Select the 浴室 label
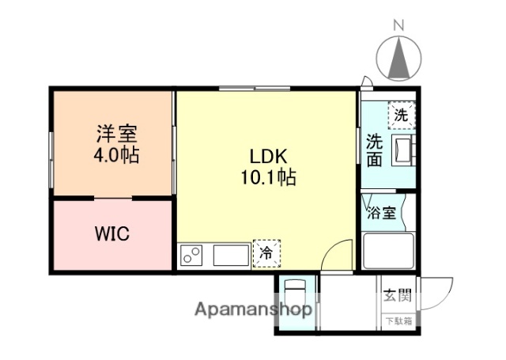tap(381, 213)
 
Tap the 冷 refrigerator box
tap(266, 254)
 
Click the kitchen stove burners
tap(191, 256)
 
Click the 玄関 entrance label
tap(397, 297)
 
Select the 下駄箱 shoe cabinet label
tap(397, 320)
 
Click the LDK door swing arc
tap(338, 254)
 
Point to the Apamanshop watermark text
tap(253, 309)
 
